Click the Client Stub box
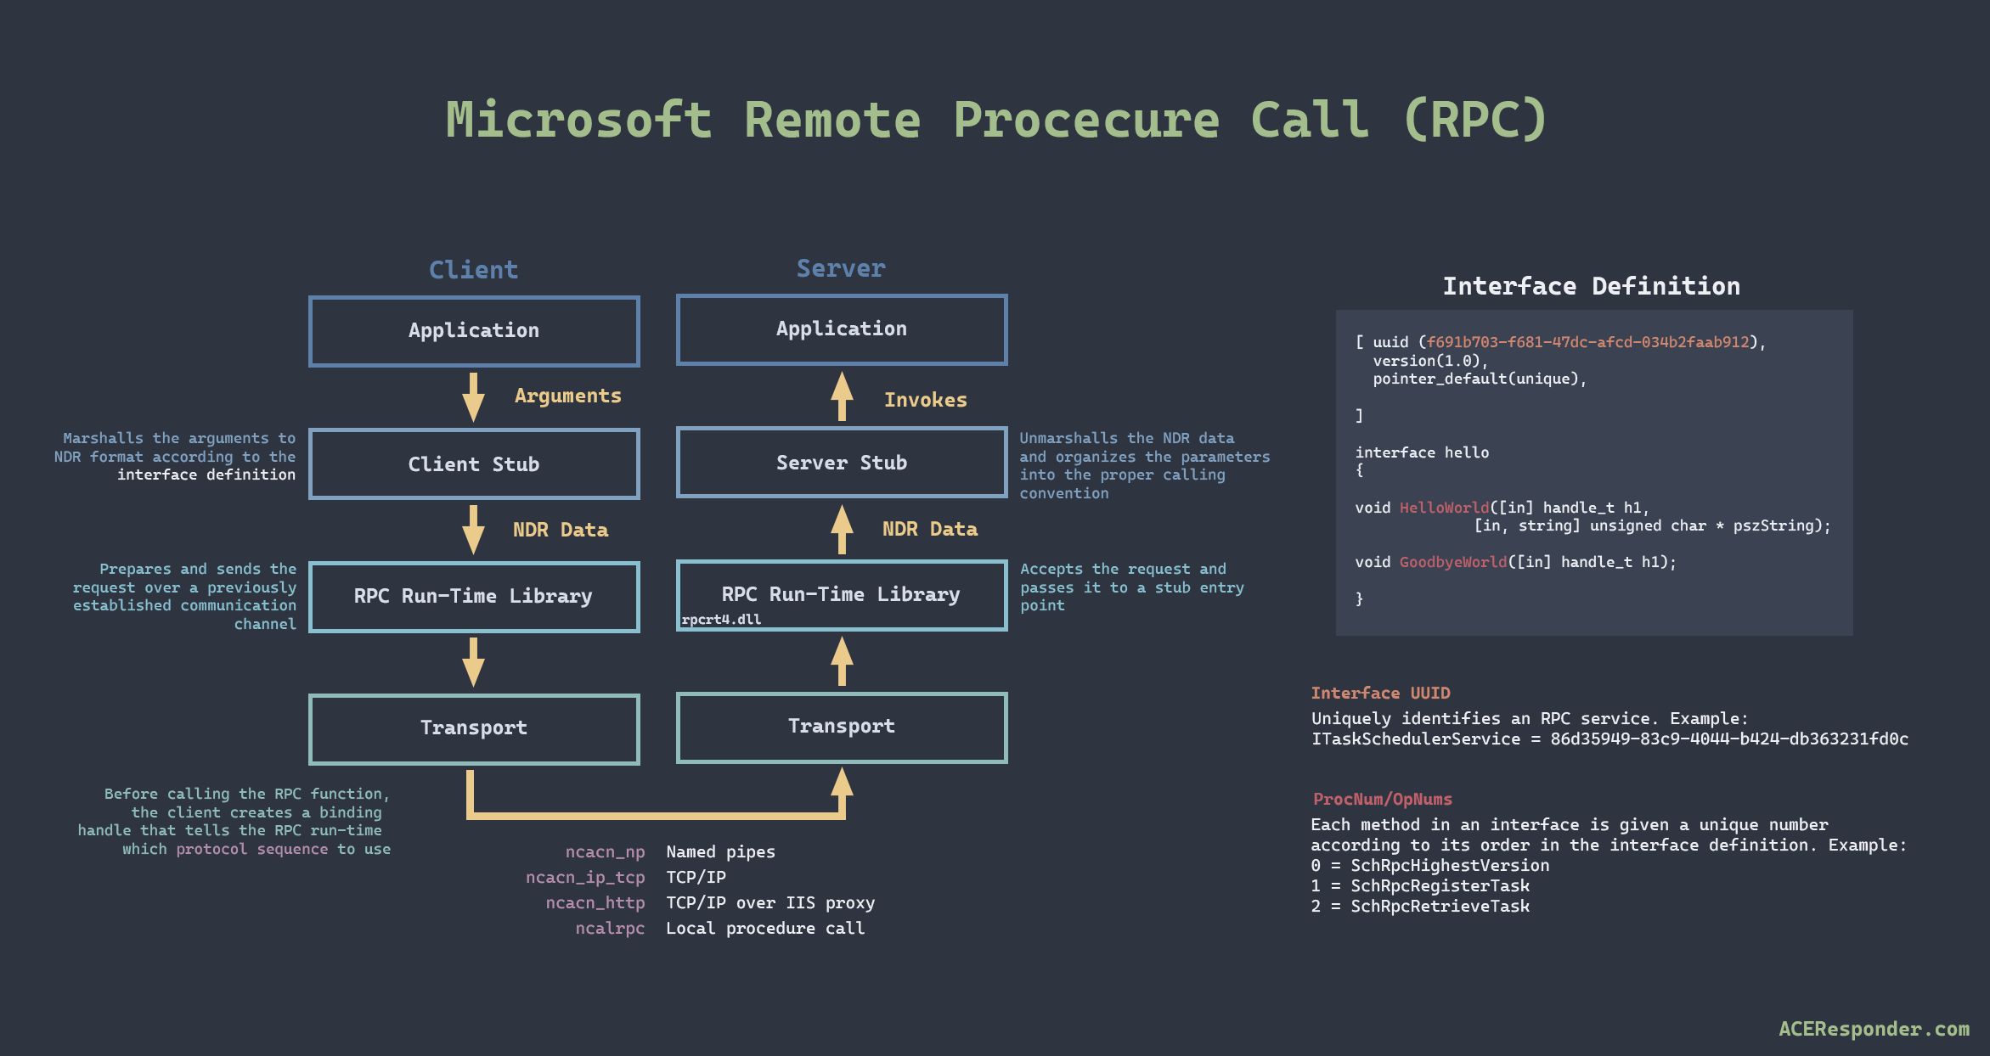pos(474,463)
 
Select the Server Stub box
pos(841,462)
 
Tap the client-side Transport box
pos(474,728)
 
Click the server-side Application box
pos(841,329)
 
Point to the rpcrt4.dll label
pos(721,620)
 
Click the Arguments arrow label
pos(567,396)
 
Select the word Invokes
pos(925,400)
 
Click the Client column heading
pos(473,270)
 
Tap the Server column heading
pos(840,268)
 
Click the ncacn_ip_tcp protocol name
pos(584,877)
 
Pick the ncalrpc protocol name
pos(609,928)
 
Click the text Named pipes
pos(720,851)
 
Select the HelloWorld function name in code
pos(1444,508)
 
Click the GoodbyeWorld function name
pos(1452,562)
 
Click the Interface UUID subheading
pos(1380,693)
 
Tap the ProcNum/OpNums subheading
pos(1382,799)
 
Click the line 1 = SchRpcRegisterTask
pos(1419,885)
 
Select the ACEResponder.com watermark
pos(1873,1029)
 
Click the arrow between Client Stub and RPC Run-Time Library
pos(473,529)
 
